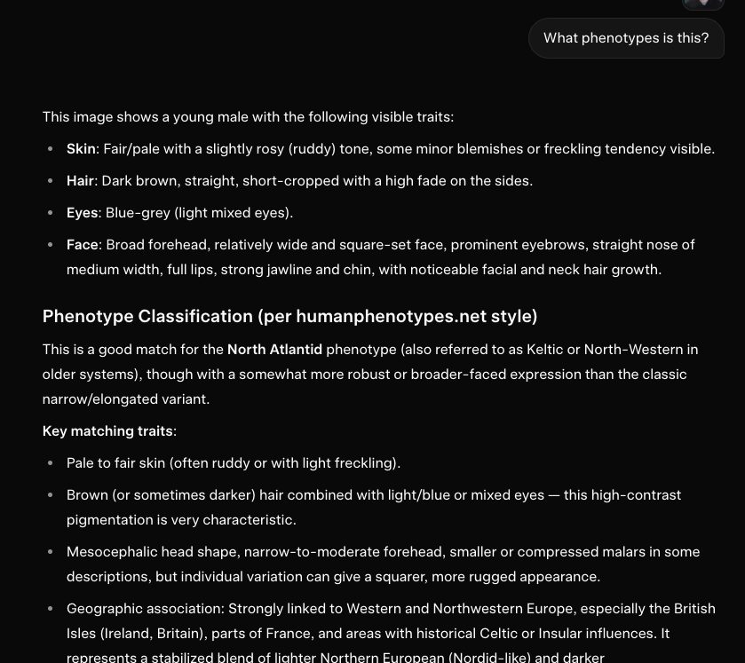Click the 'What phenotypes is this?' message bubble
click(626, 38)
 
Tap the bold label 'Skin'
click(81, 149)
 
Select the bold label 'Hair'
click(80, 181)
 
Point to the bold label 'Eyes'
click(82, 213)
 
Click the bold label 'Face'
click(82, 245)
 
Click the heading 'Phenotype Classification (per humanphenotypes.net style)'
click(289, 317)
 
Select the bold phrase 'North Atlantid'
click(274, 350)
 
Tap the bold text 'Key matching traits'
click(107, 431)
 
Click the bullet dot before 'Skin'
click(50, 149)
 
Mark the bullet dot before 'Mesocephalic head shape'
click(50, 552)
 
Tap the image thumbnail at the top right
click(702, 4)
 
